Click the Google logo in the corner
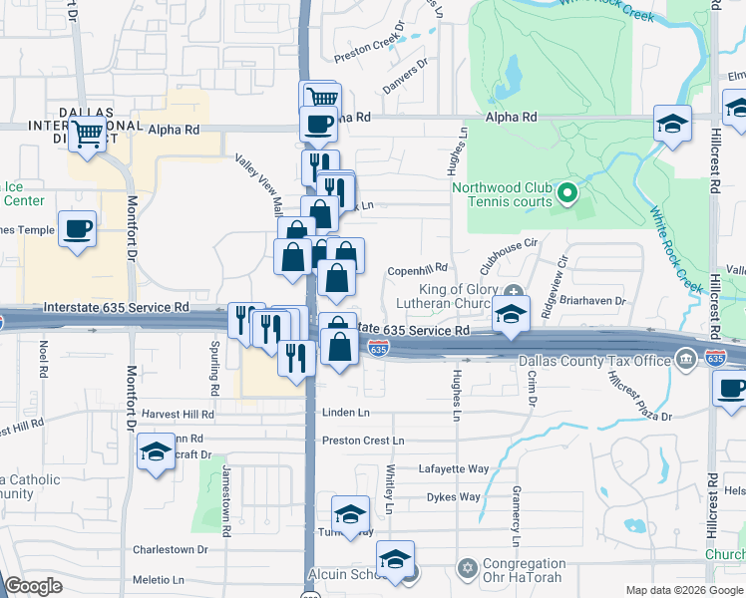34,586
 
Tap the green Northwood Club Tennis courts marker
567,192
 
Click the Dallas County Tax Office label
595,360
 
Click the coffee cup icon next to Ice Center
77,228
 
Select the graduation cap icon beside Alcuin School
397,561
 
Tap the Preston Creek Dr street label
370,46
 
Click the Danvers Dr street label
407,77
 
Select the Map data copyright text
683,590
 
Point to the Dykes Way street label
454,496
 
